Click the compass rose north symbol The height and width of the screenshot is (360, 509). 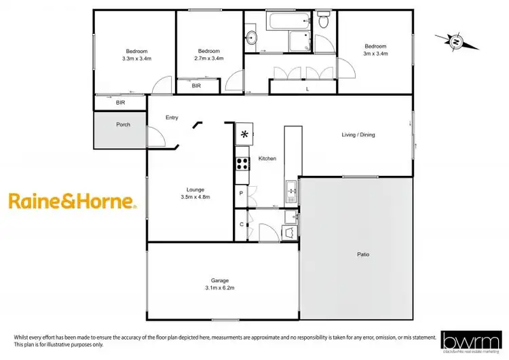point(456,42)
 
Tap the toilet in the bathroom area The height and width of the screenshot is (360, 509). point(323,21)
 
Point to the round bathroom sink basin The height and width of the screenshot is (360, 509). point(251,38)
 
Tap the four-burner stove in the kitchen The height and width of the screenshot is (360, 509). point(242,163)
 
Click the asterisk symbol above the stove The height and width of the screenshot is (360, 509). point(244,134)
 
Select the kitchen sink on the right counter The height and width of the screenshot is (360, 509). point(291,192)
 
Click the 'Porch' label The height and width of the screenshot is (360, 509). point(123,124)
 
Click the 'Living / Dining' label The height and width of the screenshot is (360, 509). point(358,134)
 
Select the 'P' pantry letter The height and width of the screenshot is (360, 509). point(241,194)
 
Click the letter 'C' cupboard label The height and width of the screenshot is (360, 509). point(241,223)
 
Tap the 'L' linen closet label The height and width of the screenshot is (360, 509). point(307,89)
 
